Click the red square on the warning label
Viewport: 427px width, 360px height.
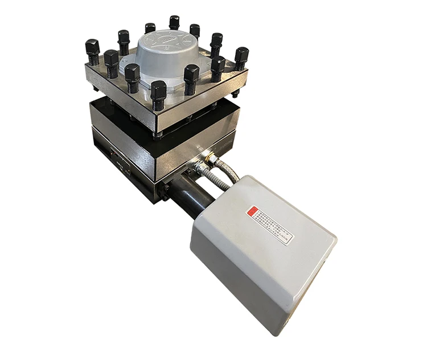point(252,212)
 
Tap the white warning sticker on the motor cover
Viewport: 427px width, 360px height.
point(269,224)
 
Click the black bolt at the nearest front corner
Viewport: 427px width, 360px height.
point(158,93)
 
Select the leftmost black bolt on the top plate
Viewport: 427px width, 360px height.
point(92,51)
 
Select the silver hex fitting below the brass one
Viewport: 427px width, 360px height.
point(199,169)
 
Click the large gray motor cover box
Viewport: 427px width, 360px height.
point(262,251)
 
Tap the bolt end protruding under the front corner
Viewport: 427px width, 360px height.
point(158,135)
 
